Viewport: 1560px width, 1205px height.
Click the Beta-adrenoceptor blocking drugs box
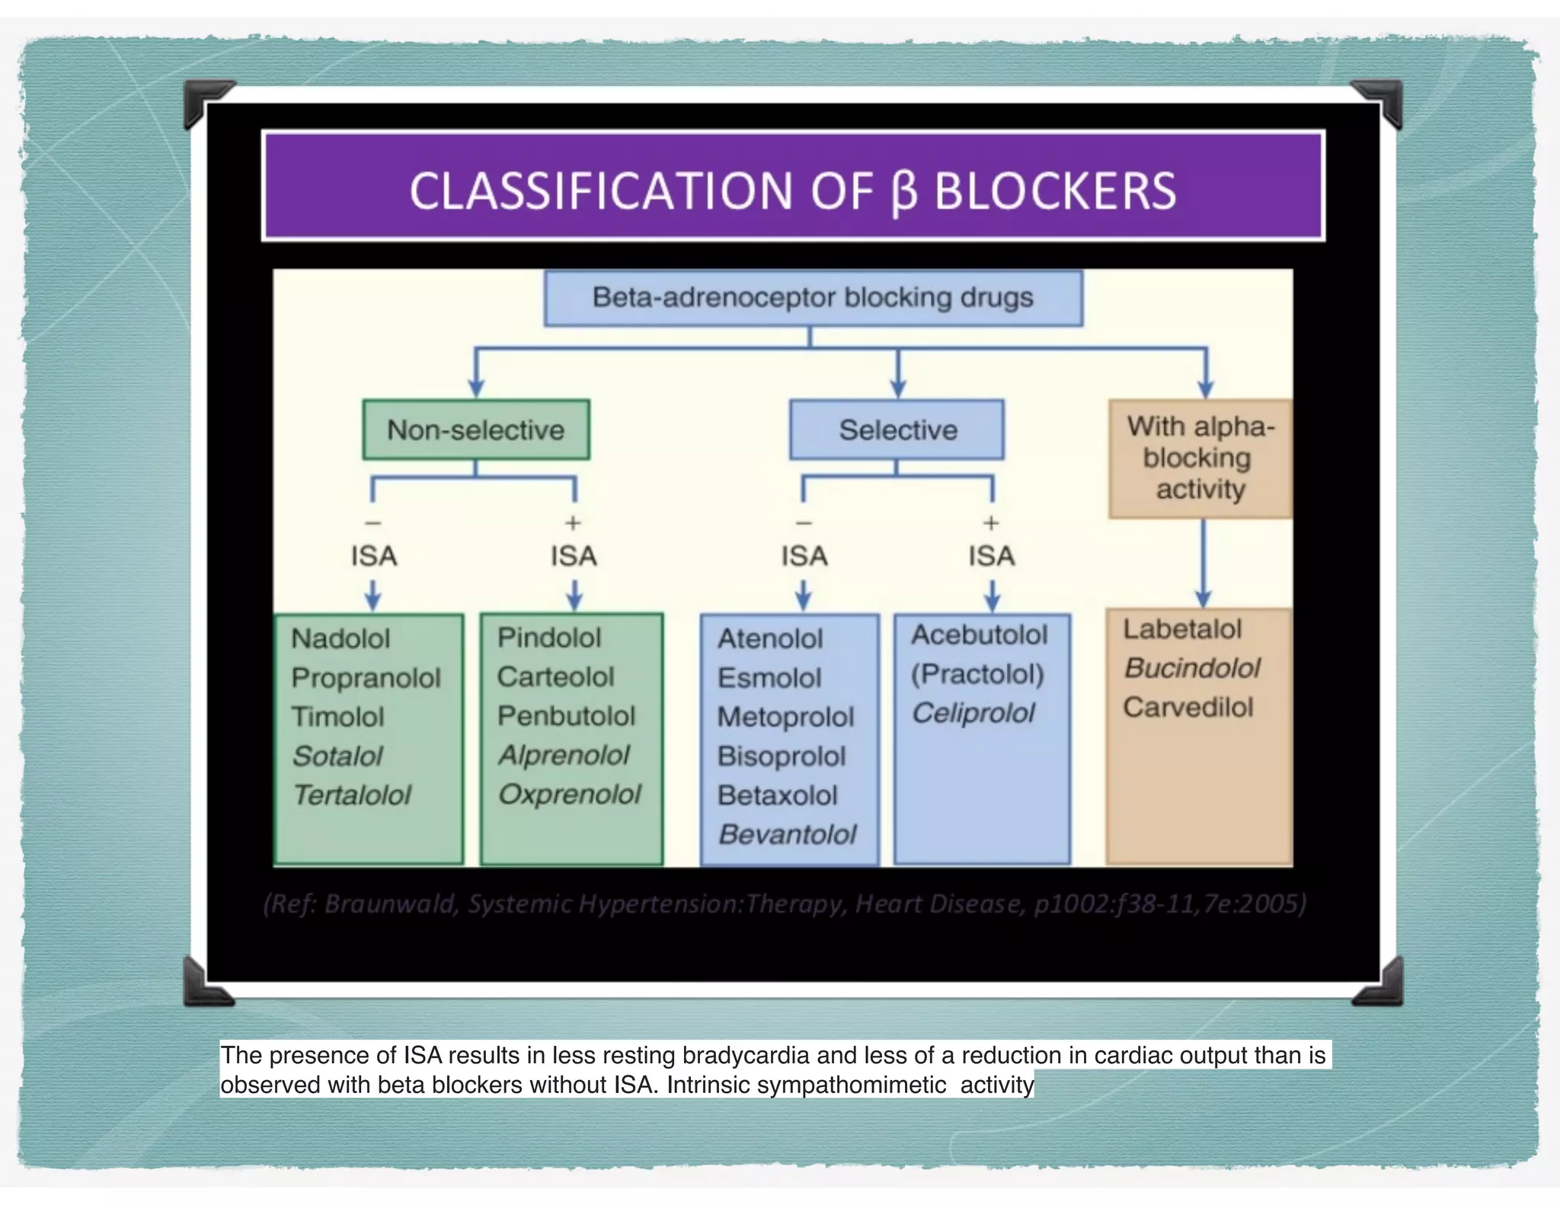(x=813, y=298)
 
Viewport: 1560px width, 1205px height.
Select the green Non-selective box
(x=475, y=430)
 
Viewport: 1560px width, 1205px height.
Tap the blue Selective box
(x=897, y=430)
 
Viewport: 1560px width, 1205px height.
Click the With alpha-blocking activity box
(x=1200, y=458)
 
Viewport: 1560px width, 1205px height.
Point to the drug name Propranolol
(x=366, y=678)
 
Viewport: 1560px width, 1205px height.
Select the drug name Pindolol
(x=548, y=638)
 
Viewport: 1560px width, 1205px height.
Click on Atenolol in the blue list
(x=769, y=638)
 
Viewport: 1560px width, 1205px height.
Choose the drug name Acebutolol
(x=980, y=634)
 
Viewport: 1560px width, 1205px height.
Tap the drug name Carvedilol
(x=1188, y=708)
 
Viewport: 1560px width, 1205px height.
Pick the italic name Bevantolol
(x=788, y=835)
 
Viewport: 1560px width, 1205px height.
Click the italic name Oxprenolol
(x=569, y=794)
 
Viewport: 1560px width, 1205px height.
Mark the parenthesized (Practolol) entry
(x=977, y=674)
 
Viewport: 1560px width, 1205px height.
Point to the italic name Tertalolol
(x=352, y=795)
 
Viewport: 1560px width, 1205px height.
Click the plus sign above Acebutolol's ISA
(x=990, y=523)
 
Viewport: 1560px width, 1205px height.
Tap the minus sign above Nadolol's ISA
(x=372, y=523)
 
